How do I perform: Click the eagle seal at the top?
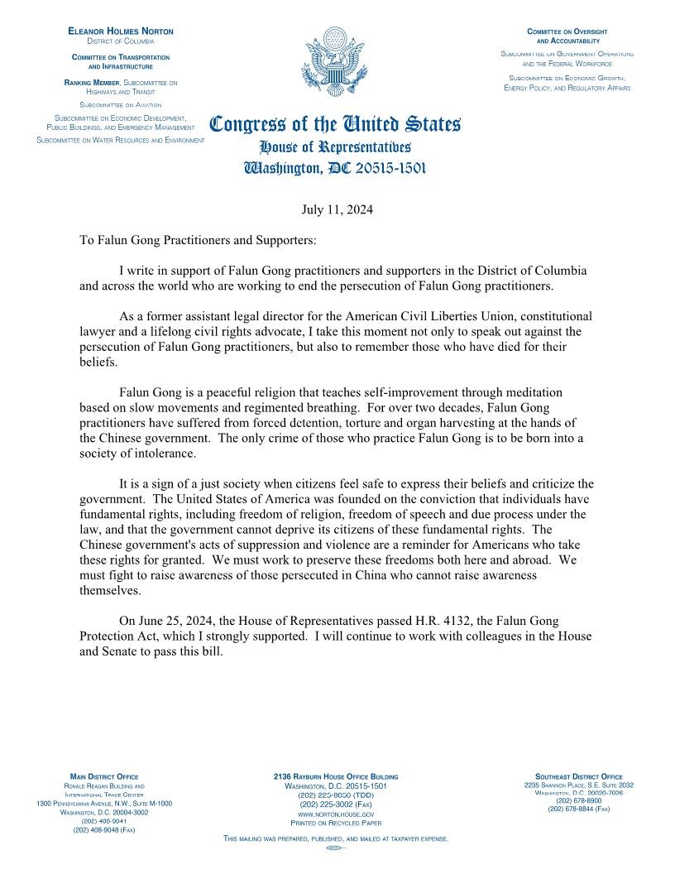click(335, 63)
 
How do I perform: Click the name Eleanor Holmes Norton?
click(121, 31)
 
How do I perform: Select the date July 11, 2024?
click(337, 209)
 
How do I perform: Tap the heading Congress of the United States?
click(335, 126)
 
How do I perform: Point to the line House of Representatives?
click(335, 147)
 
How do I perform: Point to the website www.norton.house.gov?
click(335, 814)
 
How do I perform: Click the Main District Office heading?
click(104, 776)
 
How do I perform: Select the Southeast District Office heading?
click(579, 776)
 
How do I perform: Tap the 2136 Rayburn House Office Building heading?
click(335, 776)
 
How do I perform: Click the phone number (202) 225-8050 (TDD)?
click(335, 795)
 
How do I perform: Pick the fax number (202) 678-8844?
click(579, 809)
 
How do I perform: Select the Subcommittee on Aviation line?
click(121, 106)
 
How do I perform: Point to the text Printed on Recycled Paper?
click(335, 824)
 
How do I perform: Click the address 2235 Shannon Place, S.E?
click(579, 785)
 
